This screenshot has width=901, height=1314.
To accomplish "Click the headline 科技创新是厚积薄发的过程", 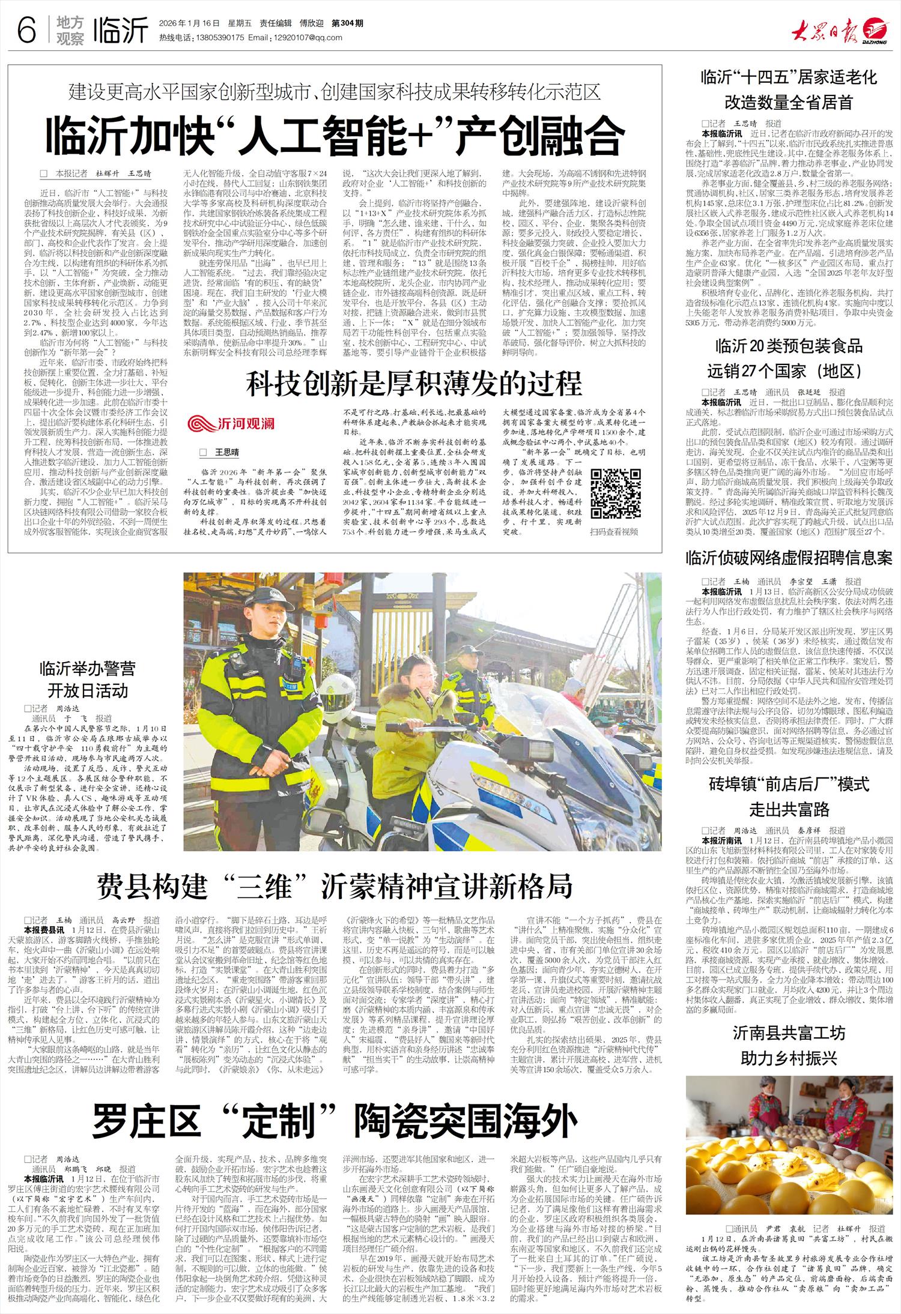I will (x=414, y=384).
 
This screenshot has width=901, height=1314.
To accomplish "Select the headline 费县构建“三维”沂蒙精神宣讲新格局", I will (x=335, y=885).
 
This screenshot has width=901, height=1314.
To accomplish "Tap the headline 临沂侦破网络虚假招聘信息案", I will (x=789, y=558).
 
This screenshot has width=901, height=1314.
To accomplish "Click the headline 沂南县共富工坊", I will (x=789, y=1033).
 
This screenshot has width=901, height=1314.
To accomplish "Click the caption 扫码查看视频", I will (x=614, y=531).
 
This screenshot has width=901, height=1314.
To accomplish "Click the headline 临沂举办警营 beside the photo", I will (x=87, y=668).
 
